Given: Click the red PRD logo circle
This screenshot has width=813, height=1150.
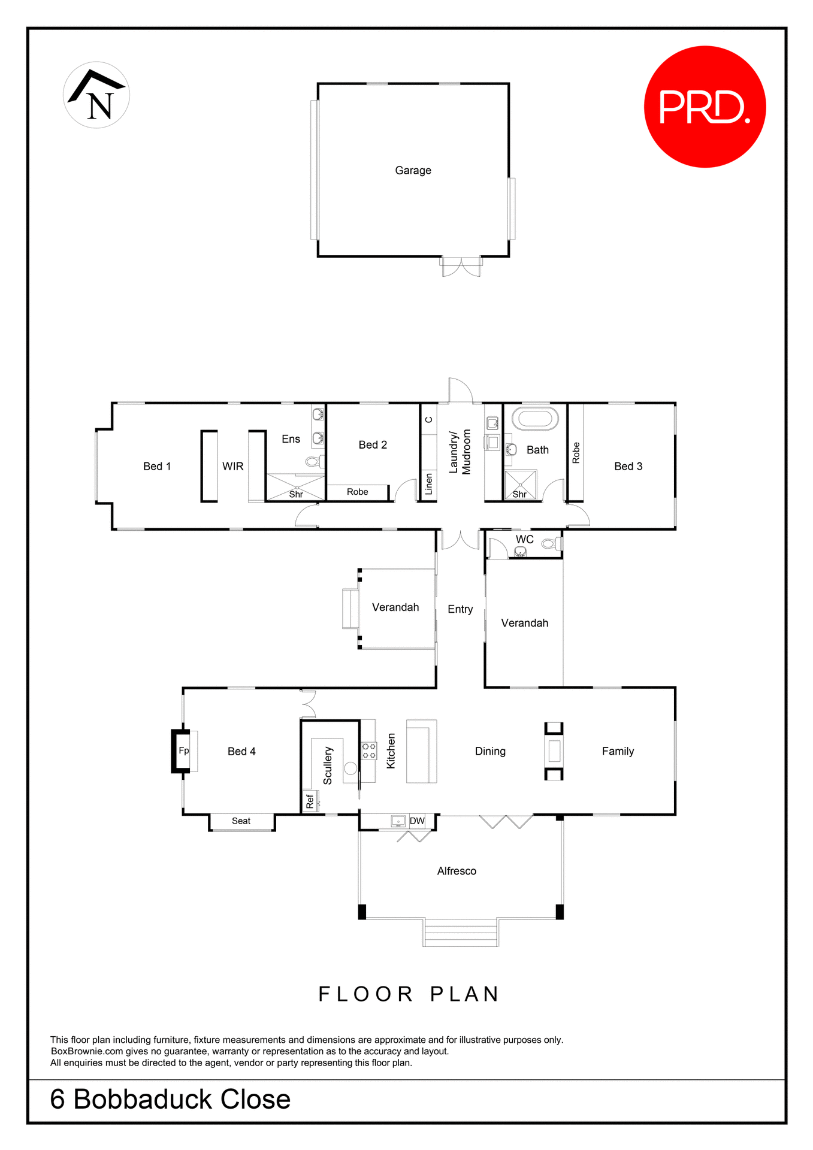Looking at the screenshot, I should [705, 107].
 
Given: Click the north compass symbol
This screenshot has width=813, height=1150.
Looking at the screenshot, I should [96, 95].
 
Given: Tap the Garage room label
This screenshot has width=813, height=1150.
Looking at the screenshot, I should [413, 171].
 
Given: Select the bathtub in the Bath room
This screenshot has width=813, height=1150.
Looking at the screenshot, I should [535, 418].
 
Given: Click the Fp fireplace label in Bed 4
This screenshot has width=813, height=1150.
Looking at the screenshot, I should [184, 750].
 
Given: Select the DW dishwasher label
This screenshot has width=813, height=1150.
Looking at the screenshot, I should [417, 821].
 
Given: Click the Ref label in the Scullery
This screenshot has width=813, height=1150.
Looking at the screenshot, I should [310, 801].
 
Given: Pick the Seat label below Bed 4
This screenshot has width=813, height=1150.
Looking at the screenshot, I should [241, 821].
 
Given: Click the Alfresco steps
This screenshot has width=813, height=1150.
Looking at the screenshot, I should [461, 933].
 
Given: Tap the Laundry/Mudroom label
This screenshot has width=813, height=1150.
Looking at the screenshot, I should [460, 452].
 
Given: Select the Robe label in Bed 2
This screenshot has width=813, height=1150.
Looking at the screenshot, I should [358, 492].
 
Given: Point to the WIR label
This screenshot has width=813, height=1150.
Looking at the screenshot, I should [233, 467].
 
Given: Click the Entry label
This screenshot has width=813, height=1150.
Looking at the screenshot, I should [460, 609].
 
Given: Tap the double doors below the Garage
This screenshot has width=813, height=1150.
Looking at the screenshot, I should [461, 267].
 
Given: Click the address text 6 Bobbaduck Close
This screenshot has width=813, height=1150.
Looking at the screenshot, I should [171, 1100].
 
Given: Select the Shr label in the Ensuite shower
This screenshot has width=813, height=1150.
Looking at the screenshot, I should [296, 494].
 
